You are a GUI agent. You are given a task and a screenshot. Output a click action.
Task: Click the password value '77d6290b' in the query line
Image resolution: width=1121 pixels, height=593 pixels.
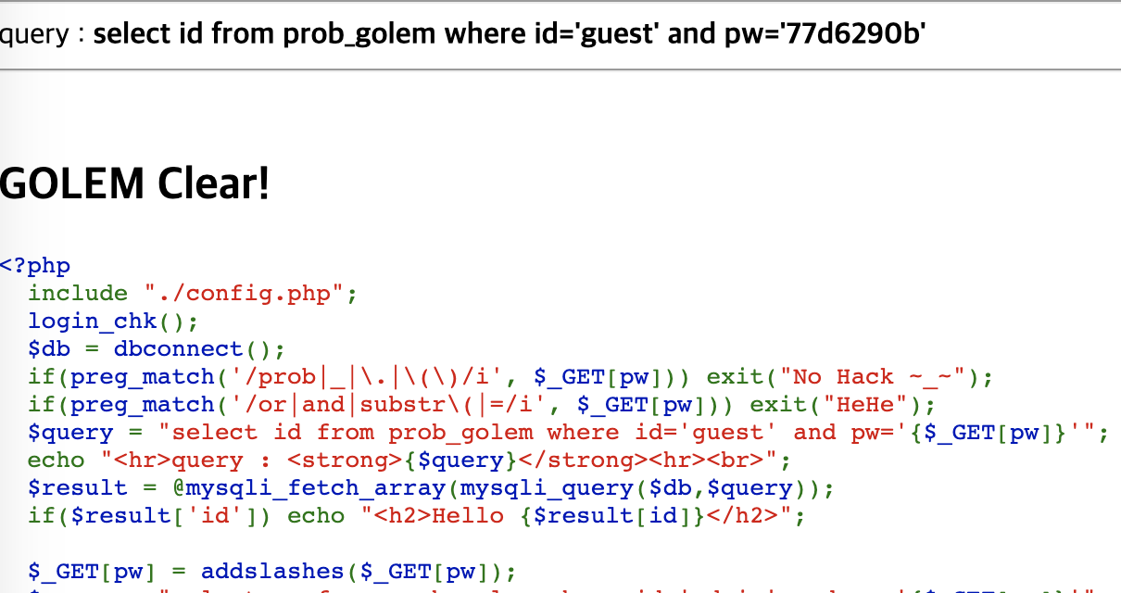point(853,34)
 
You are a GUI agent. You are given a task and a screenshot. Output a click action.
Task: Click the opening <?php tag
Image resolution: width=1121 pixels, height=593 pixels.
point(35,266)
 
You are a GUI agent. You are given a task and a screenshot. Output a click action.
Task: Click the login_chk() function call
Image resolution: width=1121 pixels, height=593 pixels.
point(113,322)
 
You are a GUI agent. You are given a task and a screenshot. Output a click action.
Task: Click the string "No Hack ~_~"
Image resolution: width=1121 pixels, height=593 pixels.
point(879,377)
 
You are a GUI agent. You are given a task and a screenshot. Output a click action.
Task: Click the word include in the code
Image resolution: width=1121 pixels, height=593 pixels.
point(78,294)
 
